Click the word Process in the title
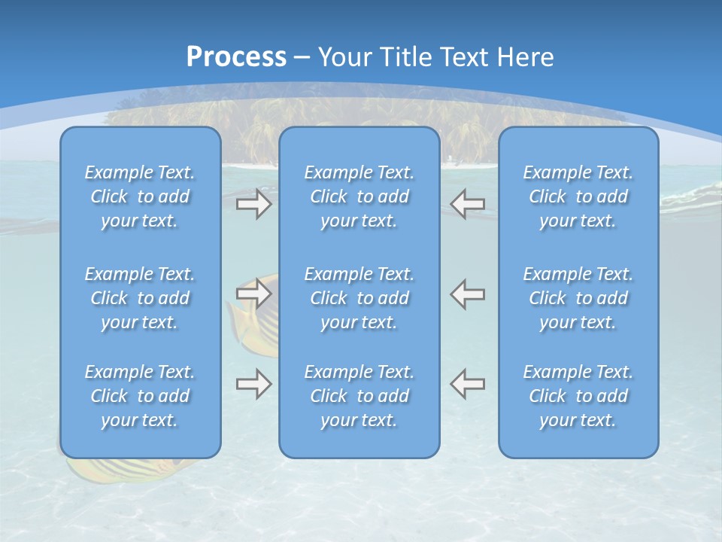236,57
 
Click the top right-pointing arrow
253,204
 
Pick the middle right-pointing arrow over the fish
253,293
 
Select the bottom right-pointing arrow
253,384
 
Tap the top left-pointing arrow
468,204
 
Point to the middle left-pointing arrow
468,293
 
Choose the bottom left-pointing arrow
468,384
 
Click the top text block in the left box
140,196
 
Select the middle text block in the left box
140,298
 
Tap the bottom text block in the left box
140,396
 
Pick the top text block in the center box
359,196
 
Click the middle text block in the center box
359,298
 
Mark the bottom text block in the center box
359,396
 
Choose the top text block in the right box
578,196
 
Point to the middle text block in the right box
578,298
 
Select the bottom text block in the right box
578,396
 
